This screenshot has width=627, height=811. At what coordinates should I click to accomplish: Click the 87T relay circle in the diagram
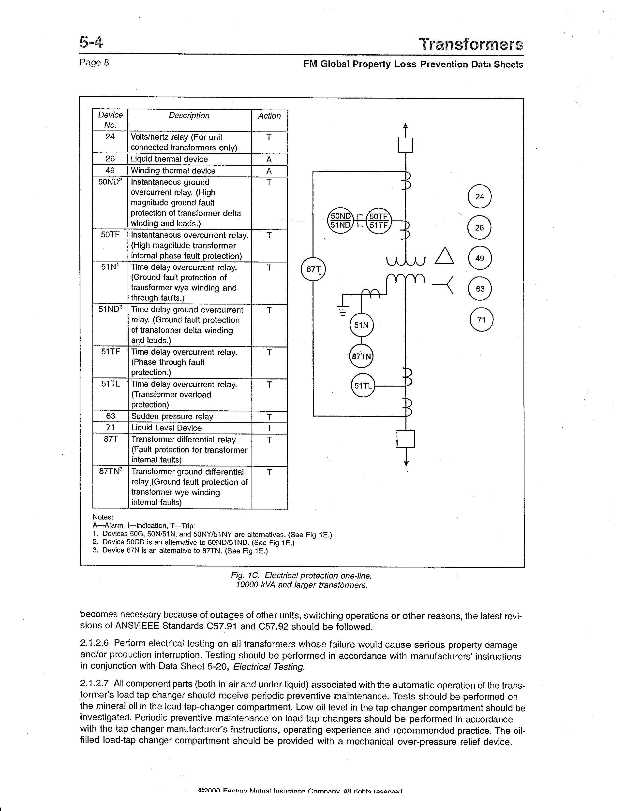click(313, 269)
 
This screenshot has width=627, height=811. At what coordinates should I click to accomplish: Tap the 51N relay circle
click(361, 325)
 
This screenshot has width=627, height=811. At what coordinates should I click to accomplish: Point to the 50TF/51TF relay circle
click(378, 221)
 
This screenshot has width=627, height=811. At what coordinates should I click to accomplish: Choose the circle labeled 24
click(479, 196)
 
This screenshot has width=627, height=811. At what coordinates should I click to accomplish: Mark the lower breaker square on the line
click(406, 439)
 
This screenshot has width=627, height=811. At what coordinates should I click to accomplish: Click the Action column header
click(269, 116)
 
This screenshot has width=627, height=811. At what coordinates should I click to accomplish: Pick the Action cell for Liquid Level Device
click(269, 428)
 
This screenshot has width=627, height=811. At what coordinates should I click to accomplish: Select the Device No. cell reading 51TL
click(111, 384)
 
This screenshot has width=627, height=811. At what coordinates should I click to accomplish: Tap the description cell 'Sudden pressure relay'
click(172, 417)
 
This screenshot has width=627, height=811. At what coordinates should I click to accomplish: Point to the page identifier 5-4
click(91, 42)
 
